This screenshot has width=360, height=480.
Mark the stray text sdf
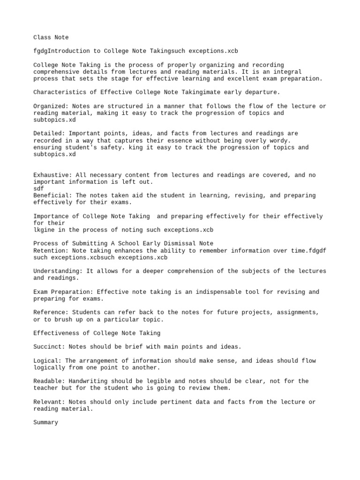tap(39, 188)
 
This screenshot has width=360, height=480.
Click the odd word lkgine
tap(44, 230)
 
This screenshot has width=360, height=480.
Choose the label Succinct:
tap(49, 347)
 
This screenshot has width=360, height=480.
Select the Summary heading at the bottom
tap(46, 422)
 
